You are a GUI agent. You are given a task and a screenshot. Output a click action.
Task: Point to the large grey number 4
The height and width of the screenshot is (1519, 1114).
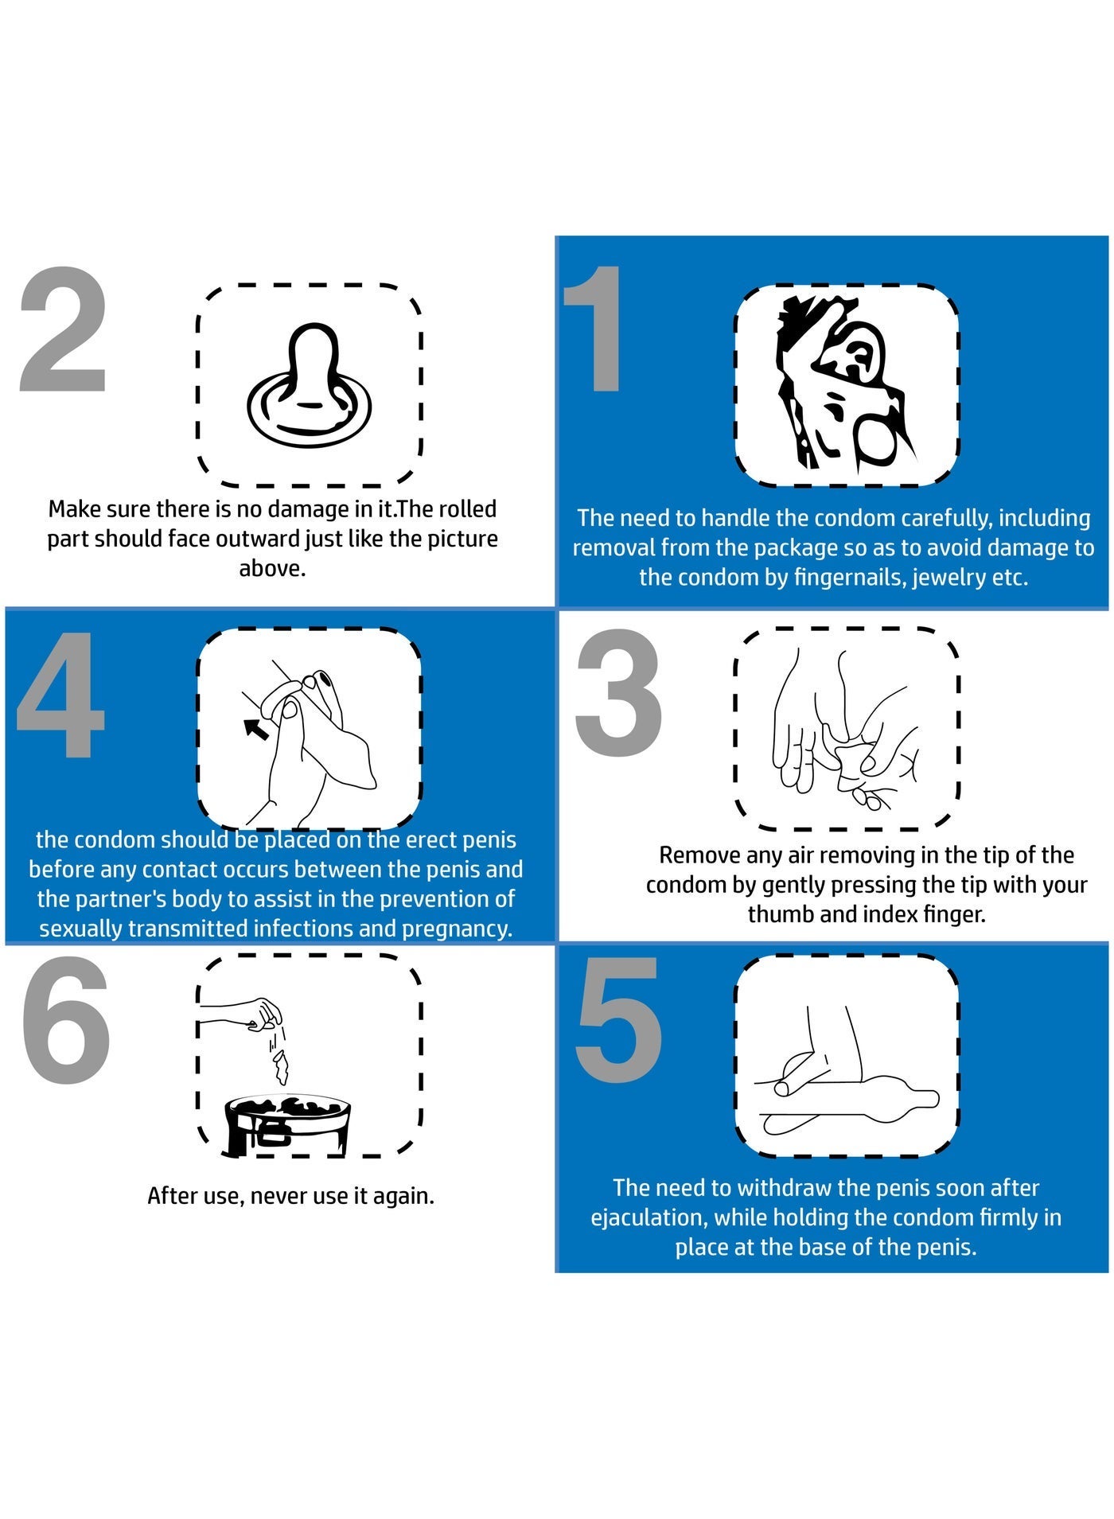click(60, 694)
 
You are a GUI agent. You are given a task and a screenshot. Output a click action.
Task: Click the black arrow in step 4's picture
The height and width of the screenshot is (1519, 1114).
click(255, 727)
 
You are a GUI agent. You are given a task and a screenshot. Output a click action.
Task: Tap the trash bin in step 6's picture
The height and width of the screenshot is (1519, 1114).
click(287, 1125)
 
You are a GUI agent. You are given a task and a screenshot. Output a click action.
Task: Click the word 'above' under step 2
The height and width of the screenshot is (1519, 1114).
click(272, 569)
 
